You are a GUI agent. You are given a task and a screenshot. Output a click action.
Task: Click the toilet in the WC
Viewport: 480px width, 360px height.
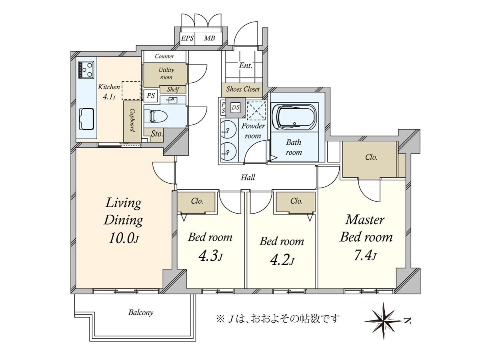(x=156, y=116)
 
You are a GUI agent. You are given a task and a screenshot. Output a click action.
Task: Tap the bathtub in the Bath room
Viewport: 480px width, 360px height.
(x=294, y=118)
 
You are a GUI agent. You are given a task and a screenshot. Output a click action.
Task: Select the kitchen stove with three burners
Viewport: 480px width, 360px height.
(x=86, y=70)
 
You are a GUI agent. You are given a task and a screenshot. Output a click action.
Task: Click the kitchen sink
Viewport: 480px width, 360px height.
(x=86, y=119)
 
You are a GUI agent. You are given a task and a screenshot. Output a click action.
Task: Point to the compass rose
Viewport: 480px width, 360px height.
(x=384, y=321)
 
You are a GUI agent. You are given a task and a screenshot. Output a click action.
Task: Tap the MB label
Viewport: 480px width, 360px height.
(x=210, y=38)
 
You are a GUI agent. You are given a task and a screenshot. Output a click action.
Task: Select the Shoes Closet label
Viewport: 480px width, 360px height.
(x=243, y=89)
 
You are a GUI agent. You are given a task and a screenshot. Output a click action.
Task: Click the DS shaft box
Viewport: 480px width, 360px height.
(x=236, y=108)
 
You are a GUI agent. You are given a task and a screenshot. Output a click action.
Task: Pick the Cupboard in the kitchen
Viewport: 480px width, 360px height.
(x=132, y=121)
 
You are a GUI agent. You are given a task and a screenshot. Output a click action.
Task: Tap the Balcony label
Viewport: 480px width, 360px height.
(x=141, y=312)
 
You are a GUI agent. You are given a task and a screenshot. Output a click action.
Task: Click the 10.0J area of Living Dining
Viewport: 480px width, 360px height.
(x=124, y=238)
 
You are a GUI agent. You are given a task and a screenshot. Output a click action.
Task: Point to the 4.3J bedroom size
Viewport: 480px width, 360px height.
(x=210, y=256)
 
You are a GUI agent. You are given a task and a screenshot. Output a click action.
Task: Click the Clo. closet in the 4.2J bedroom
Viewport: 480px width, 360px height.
(x=296, y=202)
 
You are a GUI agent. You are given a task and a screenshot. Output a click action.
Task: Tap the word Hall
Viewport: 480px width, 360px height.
(x=248, y=177)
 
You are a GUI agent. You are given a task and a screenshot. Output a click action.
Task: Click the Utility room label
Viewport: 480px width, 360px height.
(x=166, y=74)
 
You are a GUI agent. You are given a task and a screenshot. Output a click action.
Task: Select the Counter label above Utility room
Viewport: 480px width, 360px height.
(x=164, y=56)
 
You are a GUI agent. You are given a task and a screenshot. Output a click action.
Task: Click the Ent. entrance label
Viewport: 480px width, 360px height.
(x=245, y=65)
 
